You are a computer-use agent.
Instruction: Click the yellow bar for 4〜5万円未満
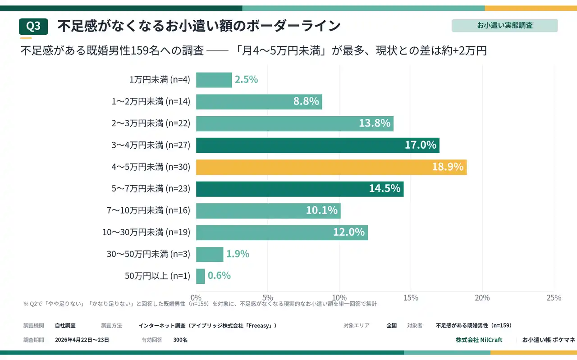pyautogui.click(x=331, y=167)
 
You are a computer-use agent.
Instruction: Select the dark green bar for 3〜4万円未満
pyautogui.click(x=318, y=145)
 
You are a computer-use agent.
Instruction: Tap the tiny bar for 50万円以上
pyautogui.click(x=201, y=276)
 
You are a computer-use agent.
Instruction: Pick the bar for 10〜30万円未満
pyautogui.click(x=282, y=232)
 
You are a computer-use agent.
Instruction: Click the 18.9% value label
pyautogui.click(x=448, y=167)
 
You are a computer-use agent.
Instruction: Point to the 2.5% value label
pyautogui.click(x=246, y=80)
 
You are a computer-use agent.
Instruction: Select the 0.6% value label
pyautogui.click(x=219, y=276)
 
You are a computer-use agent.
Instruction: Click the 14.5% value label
pyautogui.click(x=385, y=189)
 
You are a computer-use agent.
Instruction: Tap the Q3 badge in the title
pyautogui.click(x=33, y=27)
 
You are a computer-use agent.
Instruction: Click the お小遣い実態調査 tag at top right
pyautogui.click(x=504, y=26)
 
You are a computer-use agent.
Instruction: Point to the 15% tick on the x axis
pyautogui.click(x=411, y=298)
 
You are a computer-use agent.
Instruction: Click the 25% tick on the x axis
pyautogui.click(x=554, y=298)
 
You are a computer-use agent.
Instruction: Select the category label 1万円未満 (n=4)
pyautogui.click(x=160, y=80)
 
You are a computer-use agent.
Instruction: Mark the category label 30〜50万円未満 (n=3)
pyautogui.click(x=148, y=254)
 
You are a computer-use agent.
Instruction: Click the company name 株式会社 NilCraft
pyautogui.click(x=479, y=340)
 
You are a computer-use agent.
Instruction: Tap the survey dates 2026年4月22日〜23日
pyautogui.click(x=82, y=340)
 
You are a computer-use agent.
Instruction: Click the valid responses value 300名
pyautogui.click(x=180, y=340)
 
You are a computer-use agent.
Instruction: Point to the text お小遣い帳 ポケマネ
pyautogui.click(x=548, y=340)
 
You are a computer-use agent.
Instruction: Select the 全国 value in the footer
pyautogui.click(x=391, y=325)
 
